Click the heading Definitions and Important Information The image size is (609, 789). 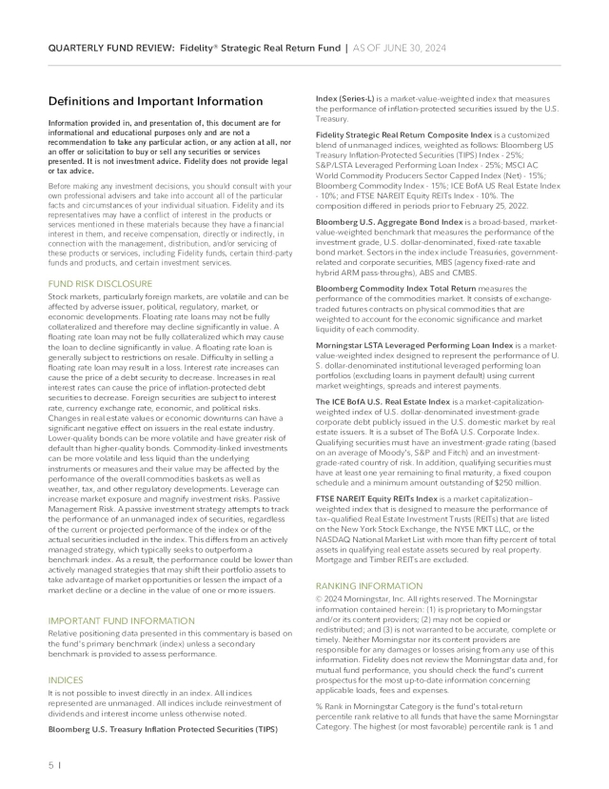pos(155,101)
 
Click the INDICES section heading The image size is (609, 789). pos(66,680)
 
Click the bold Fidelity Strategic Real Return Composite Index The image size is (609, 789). pos(421,133)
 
